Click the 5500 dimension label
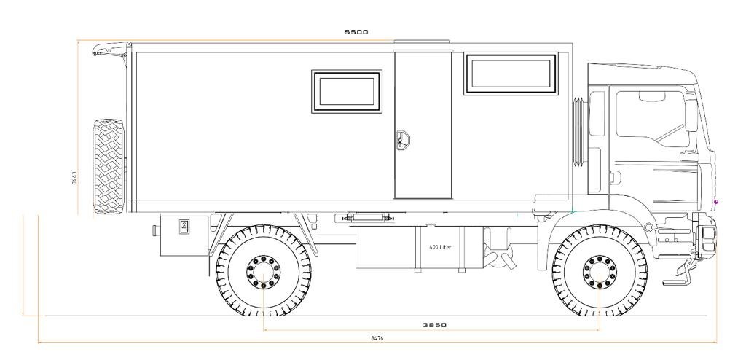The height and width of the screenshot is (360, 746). tap(356, 32)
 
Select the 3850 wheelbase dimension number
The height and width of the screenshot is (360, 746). tap(435, 325)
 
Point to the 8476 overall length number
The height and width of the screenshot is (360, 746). tap(377, 338)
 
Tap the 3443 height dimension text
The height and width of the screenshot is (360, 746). tap(74, 178)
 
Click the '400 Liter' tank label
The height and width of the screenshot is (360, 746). tap(440, 247)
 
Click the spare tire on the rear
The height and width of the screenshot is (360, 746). tap(109, 166)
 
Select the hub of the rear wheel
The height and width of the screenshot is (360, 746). tap(263, 272)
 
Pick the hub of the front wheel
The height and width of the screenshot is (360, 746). tap(600, 272)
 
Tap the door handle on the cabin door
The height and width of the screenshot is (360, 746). tap(402, 140)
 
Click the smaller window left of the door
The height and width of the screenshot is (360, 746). tap(346, 91)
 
